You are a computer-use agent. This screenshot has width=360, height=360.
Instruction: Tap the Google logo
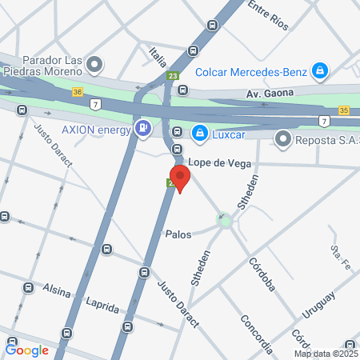pos(27,350)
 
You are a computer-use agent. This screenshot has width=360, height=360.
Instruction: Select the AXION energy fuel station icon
pos(142,126)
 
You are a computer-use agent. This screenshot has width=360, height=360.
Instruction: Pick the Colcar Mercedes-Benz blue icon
pos(320,71)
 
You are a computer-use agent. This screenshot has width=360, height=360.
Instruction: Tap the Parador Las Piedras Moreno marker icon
pos(95,63)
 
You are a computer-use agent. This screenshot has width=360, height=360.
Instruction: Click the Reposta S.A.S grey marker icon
pos(282,139)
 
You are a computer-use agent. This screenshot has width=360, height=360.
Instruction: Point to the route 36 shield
pos(77,92)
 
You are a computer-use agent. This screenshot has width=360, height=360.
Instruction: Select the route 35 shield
pos(343,109)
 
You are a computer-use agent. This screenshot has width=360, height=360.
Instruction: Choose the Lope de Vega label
pos(229,163)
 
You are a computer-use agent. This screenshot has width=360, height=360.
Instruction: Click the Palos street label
pos(178,235)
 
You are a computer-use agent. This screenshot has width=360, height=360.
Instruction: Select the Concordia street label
pos(256,333)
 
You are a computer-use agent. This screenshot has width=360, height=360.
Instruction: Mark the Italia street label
pos(158,55)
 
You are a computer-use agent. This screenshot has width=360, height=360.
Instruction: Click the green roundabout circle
pos(225,219)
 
